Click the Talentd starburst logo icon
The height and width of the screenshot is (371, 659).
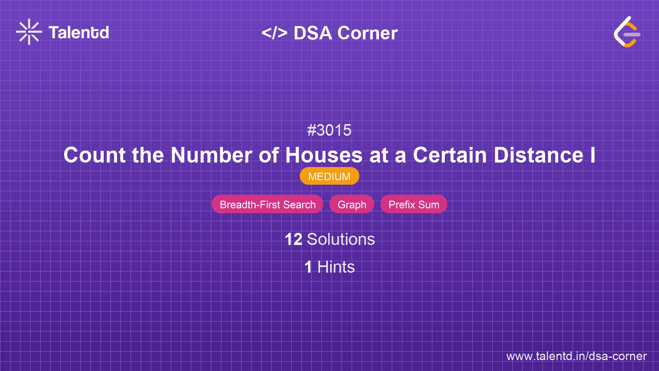(x=29, y=32)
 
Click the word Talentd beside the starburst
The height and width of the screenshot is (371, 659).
(x=79, y=33)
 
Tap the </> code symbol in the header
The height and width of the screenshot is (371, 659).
(x=274, y=33)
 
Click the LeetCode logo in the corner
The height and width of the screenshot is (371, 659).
(x=627, y=32)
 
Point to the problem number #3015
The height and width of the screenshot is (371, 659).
(x=329, y=130)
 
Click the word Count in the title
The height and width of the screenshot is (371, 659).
(x=94, y=155)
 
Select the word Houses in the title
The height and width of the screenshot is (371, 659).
(x=324, y=155)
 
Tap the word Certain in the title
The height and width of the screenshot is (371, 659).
(x=450, y=155)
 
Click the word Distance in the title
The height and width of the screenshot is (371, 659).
(x=538, y=155)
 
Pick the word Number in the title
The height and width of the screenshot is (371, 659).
(x=211, y=155)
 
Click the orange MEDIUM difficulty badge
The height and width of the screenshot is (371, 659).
(x=329, y=176)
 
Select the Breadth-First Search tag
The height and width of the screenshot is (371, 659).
(x=268, y=204)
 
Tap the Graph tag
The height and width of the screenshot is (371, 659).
(x=352, y=204)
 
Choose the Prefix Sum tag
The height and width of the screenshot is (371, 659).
(x=414, y=204)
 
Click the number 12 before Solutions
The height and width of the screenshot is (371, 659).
(x=293, y=239)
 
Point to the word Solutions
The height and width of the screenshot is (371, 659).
(x=341, y=239)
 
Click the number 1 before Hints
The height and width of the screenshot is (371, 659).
(x=308, y=267)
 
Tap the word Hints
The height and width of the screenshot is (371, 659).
(x=336, y=267)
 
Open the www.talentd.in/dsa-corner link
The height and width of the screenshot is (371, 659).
(x=576, y=356)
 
